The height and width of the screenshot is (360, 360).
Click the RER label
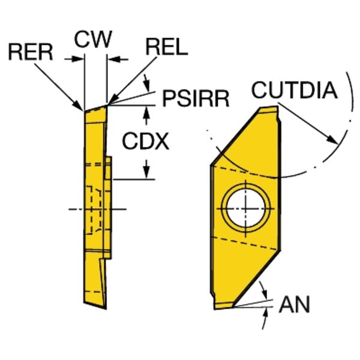30,52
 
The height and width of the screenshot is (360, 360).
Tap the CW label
93,40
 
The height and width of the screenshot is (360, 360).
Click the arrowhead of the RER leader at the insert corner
80,107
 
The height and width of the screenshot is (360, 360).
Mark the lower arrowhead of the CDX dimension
146,173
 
